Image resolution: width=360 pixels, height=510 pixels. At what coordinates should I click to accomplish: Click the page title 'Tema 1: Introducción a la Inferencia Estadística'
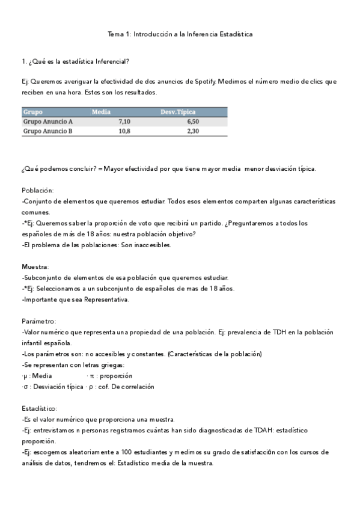[x=180, y=34]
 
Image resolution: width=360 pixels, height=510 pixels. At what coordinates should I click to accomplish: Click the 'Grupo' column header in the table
[x=32, y=112]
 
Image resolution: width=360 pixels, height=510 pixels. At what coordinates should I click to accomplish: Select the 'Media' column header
[x=101, y=112]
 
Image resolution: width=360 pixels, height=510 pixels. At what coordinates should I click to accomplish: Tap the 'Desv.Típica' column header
[x=177, y=112]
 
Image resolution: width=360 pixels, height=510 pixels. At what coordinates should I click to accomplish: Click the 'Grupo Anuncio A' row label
[x=47, y=121]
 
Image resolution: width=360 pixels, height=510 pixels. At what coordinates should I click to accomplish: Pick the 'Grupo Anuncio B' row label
[x=47, y=131]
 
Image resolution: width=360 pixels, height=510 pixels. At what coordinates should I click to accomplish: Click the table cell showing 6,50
[x=193, y=121]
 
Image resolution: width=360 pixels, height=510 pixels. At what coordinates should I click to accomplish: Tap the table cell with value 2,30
[x=193, y=131]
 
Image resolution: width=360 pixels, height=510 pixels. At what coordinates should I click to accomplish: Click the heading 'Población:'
[x=38, y=189]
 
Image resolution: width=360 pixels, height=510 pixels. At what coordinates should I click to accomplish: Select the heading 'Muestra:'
[x=35, y=266]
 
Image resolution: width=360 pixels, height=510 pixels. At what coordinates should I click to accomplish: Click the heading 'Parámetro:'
[x=39, y=321]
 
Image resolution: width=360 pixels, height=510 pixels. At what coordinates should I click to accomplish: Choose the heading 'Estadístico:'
[x=39, y=408]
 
